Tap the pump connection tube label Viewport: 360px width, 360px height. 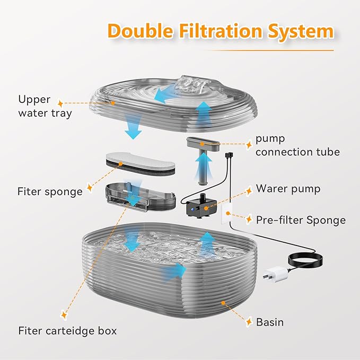point(297,145)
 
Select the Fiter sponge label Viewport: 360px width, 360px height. point(50,191)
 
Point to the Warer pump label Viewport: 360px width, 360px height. point(288,188)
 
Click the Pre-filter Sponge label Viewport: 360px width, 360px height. point(301,219)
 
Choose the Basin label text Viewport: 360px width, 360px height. point(270,322)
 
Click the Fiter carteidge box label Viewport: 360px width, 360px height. point(67,331)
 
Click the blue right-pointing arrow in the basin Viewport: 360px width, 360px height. point(173,270)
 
